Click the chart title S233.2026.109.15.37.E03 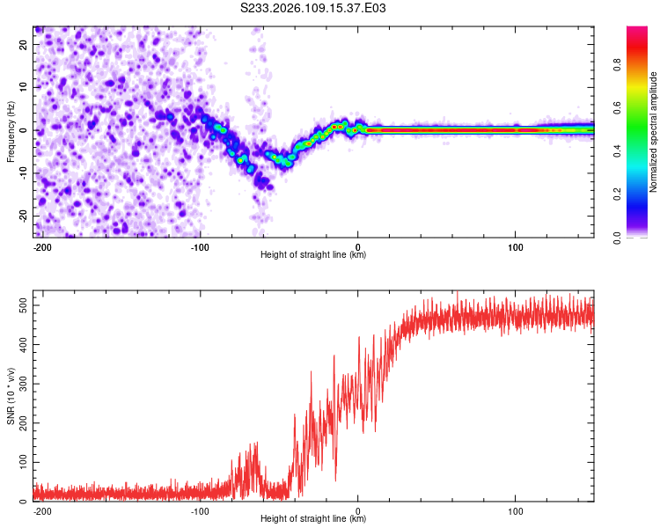tap(314, 9)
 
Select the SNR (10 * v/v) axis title tap(11, 397)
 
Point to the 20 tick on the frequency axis tap(24, 47)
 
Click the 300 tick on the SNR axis tap(20, 384)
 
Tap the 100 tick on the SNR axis tap(20, 462)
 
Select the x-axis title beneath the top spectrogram tap(313, 255)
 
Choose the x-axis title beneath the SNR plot tap(313, 519)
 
